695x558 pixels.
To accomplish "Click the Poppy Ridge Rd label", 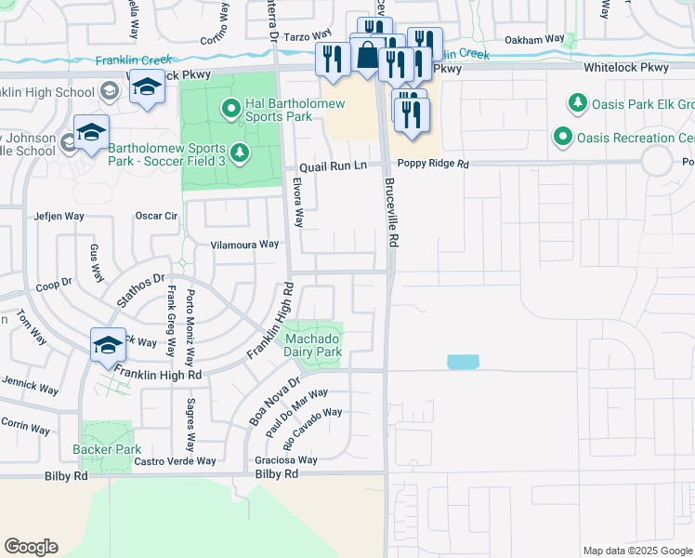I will coord(430,164).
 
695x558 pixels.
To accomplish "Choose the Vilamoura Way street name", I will coord(244,244).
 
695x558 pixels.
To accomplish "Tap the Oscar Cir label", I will coord(156,216).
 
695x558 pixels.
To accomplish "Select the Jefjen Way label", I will coord(59,216).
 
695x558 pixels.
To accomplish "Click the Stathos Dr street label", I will coord(139,289).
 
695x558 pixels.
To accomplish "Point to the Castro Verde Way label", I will coord(175,460).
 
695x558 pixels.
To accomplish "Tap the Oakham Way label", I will coord(534,40).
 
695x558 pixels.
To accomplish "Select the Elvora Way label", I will coord(298,202).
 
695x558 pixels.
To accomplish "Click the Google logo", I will coord(31,547).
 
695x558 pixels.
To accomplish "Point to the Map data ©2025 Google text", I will coord(636,551).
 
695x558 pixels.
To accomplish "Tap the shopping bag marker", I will coord(368,55).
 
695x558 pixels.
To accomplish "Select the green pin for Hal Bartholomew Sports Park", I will coord(231,110).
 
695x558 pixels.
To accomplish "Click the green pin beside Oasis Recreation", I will coord(562,138).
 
